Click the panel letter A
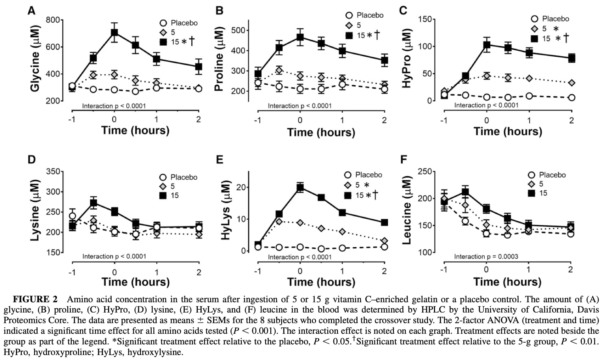[32, 11]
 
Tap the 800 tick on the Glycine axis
[53, 20]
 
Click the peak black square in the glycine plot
[114, 33]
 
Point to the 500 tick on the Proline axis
[238, 30]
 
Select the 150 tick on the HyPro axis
[424, 19]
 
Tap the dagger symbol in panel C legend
[566, 38]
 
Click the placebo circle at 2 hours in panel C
[571, 97]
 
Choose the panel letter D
[32, 159]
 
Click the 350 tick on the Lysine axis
[53, 172]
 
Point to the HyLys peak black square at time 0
[300, 187]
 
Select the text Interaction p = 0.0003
[486, 257]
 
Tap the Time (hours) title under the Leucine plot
[507, 282]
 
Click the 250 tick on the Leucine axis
[424, 172]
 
